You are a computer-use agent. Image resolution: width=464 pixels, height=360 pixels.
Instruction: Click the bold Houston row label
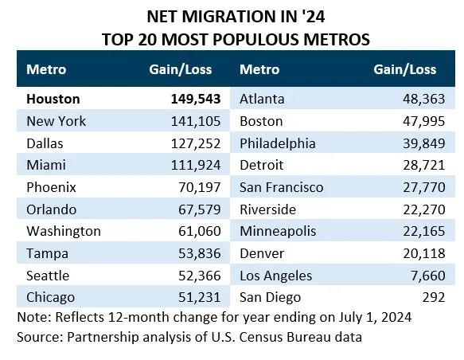click(53, 100)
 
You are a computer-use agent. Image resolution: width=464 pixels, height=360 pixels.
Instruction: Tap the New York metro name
click(56, 122)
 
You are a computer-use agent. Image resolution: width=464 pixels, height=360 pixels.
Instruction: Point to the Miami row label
click(45, 166)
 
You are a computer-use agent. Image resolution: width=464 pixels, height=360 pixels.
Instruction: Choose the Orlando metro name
click(51, 209)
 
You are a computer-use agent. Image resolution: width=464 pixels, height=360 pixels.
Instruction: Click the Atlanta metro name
click(266, 100)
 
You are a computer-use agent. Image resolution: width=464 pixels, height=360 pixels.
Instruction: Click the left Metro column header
click(46, 69)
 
